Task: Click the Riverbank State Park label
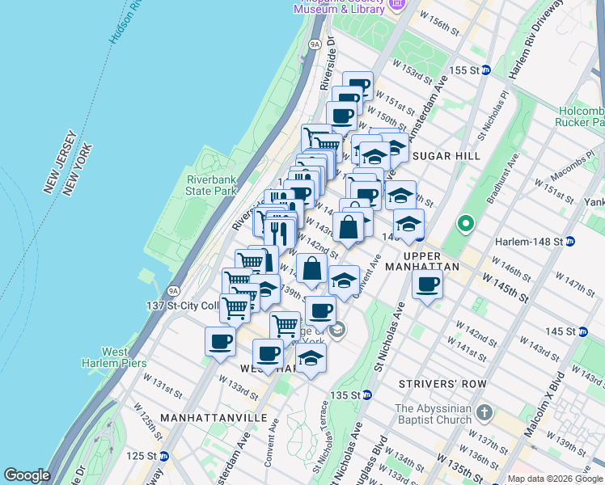(210, 185)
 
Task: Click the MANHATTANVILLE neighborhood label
(214, 417)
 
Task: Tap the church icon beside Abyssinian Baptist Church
(484, 413)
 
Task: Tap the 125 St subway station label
(146, 456)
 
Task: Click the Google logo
(27, 475)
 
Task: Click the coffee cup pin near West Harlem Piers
(220, 341)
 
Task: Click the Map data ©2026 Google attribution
(553, 479)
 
